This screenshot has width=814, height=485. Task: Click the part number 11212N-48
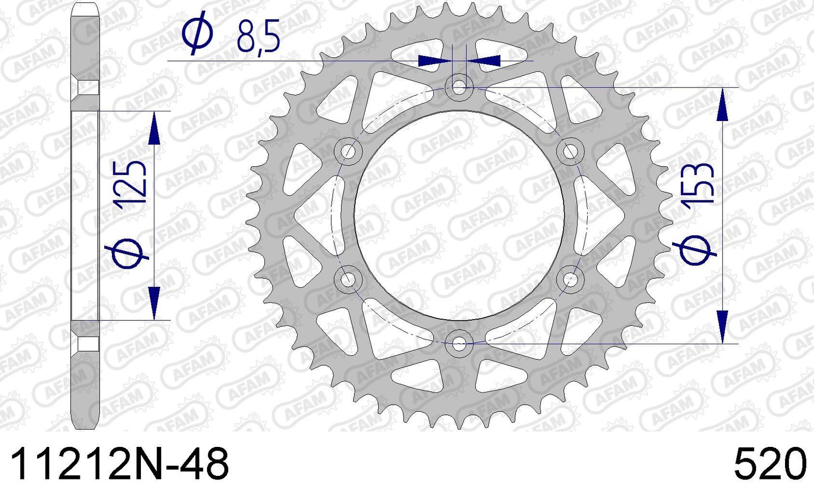tap(120, 463)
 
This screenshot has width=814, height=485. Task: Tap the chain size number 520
tap(770, 463)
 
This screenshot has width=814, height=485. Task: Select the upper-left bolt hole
tap(348, 151)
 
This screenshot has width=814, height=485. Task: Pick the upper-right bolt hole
tap(570, 151)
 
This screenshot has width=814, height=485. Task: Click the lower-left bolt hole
tap(348, 279)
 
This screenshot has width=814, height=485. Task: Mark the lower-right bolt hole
tap(570, 279)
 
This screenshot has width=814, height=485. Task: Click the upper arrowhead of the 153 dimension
tap(722, 107)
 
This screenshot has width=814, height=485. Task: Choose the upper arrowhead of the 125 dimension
tap(154, 130)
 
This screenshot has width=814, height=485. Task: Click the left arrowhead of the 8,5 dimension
tap(433, 61)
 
